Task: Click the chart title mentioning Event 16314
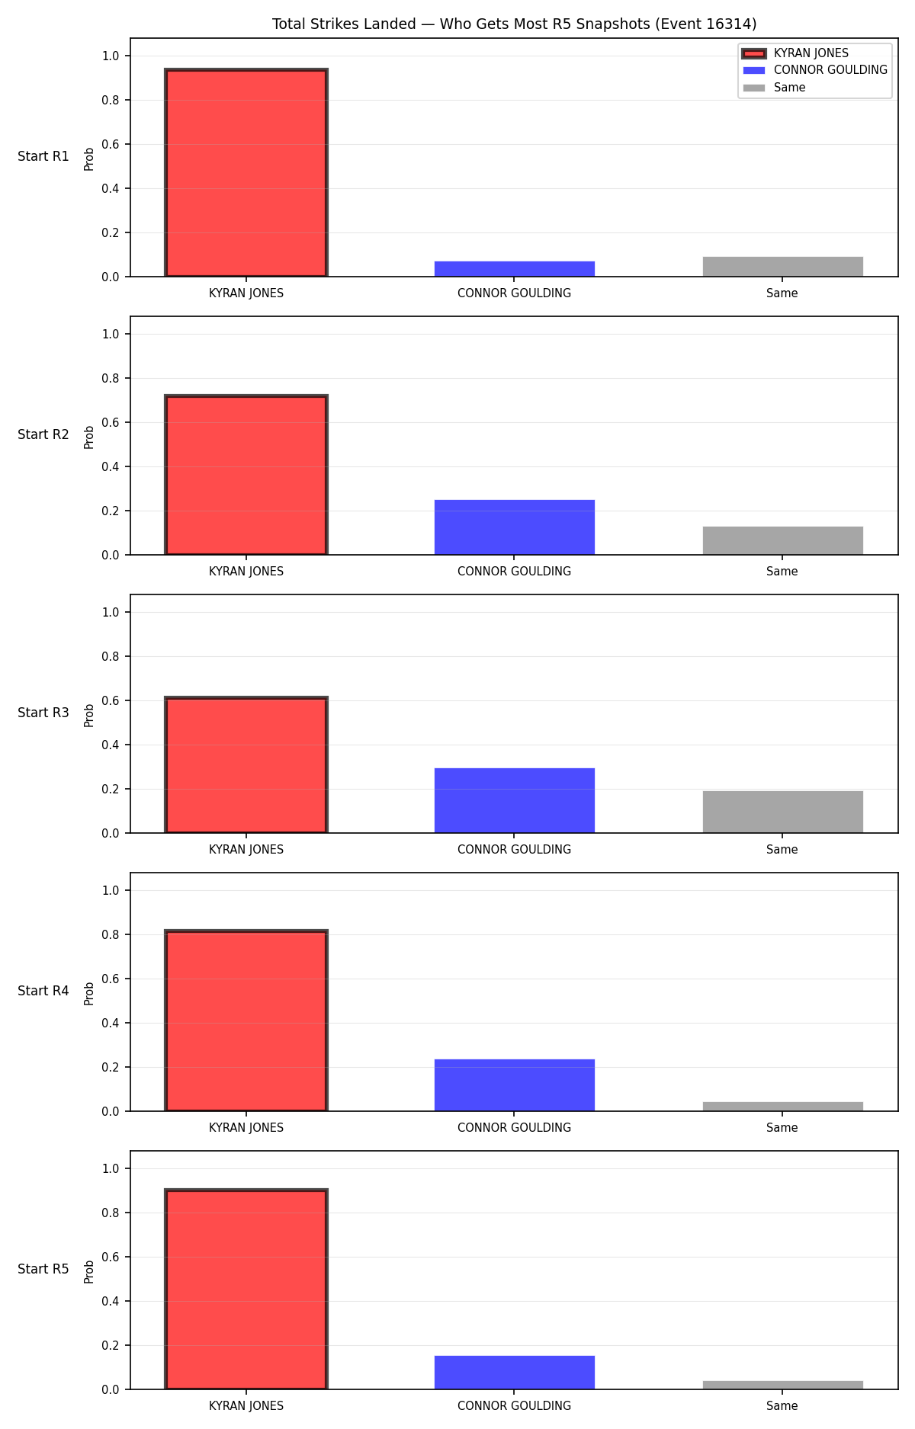click(x=515, y=24)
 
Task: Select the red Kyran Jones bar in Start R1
click(x=246, y=173)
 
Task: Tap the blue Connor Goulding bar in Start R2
click(x=515, y=527)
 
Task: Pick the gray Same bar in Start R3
click(x=783, y=812)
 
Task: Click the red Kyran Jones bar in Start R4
click(x=246, y=1020)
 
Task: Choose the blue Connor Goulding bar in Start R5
click(x=515, y=1373)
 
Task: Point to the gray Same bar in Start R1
click(x=783, y=267)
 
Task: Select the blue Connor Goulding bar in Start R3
click(x=515, y=800)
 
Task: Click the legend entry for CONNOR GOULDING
click(x=815, y=70)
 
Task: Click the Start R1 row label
click(x=43, y=156)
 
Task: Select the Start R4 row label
click(x=43, y=991)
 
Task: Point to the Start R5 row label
click(x=43, y=1269)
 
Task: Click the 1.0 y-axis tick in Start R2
click(x=111, y=334)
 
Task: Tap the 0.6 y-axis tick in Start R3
click(x=111, y=700)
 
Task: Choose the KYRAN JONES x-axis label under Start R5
click(x=246, y=1406)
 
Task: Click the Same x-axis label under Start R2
click(x=782, y=572)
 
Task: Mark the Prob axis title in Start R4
click(x=89, y=993)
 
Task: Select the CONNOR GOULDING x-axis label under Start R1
click(x=515, y=293)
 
